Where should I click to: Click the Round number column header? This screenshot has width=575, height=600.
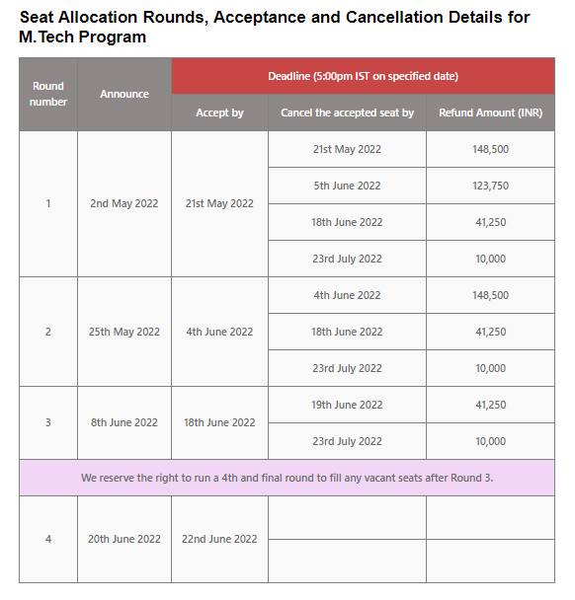[x=47, y=94]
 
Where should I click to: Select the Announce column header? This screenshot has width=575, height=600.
[x=124, y=94]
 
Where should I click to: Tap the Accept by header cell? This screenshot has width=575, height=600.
[x=219, y=112]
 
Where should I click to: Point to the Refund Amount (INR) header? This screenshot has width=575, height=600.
[x=490, y=112]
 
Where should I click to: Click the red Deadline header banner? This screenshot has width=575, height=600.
[x=363, y=76]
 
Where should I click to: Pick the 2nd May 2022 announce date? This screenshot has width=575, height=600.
[x=124, y=204]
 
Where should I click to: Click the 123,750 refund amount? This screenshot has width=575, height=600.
[x=490, y=186]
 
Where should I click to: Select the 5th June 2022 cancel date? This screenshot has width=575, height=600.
[x=347, y=186]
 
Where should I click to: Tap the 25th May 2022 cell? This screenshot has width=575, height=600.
[x=124, y=332]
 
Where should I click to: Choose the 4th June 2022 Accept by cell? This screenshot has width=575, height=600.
[x=219, y=332]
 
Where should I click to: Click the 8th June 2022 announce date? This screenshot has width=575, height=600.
[x=124, y=422]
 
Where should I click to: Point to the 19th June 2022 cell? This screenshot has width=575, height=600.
[x=347, y=405]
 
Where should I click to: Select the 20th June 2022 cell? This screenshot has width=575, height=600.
[x=124, y=539]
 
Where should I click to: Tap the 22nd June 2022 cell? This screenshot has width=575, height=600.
[x=219, y=539]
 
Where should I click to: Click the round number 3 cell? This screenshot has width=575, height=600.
[x=47, y=422]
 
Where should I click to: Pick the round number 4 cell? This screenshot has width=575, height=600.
[x=47, y=539]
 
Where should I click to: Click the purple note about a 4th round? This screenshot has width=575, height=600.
[x=287, y=478]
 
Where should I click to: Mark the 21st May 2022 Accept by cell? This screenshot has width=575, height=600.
[x=219, y=204]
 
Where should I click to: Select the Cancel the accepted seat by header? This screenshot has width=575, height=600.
[x=347, y=112]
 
